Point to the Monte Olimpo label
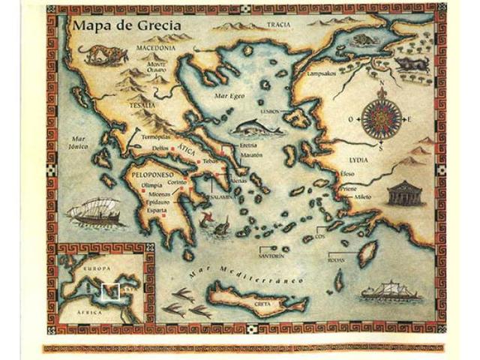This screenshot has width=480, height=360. click(157, 68)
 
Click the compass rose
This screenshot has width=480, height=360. click(381, 118)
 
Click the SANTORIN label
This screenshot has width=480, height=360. click(271, 256)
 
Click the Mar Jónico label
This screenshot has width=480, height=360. click(76, 142)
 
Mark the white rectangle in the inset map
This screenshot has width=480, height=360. click(109, 289)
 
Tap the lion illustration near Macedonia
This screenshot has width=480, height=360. click(95, 53)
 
